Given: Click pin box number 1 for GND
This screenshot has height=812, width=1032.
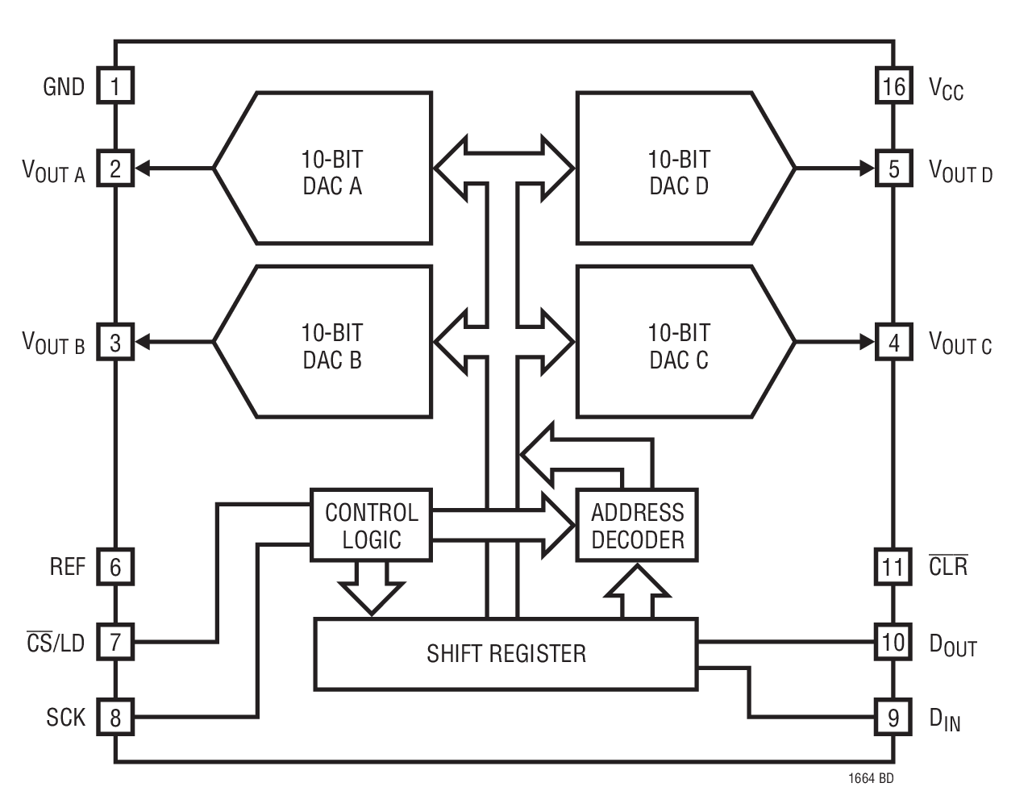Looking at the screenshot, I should [x=115, y=86].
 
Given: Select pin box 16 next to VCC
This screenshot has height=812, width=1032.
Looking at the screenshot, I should [x=893, y=86].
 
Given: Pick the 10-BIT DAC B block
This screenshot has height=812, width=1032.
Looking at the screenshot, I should [x=332, y=344].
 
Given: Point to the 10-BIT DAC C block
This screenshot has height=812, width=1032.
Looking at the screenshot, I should [x=679, y=344].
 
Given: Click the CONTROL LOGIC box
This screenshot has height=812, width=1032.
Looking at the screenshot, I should [x=371, y=525].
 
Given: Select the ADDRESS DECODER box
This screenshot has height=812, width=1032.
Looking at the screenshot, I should [x=637, y=525].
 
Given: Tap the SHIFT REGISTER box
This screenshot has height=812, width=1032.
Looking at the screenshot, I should [x=506, y=653].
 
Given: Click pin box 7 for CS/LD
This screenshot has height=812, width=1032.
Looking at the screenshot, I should [x=115, y=642].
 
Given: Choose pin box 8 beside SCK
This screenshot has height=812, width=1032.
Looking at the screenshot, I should [x=115, y=717].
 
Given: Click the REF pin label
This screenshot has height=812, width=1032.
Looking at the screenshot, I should [x=67, y=567].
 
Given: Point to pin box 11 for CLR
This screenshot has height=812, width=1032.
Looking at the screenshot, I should [x=893, y=567].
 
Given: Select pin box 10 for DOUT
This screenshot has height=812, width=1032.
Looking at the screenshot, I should [x=893, y=642].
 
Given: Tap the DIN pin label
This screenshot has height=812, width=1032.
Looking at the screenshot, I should [x=944, y=718].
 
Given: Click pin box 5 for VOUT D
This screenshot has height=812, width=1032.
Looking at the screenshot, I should [x=893, y=169].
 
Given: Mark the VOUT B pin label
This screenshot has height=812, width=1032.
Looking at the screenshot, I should [x=53, y=344].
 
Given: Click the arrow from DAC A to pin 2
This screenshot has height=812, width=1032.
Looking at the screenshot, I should [x=173, y=169].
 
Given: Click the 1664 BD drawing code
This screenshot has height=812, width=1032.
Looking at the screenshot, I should [x=870, y=780].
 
